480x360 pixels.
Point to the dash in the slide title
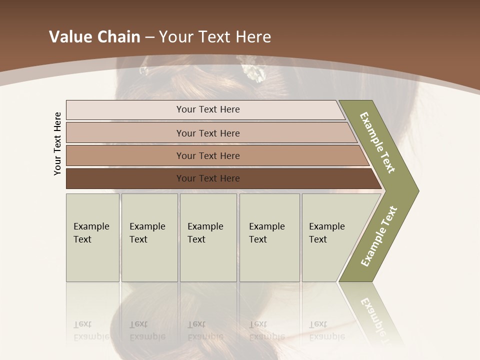tap(149, 37)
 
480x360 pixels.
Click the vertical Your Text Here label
tap(57, 143)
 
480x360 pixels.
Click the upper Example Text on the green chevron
tap(377, 142)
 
